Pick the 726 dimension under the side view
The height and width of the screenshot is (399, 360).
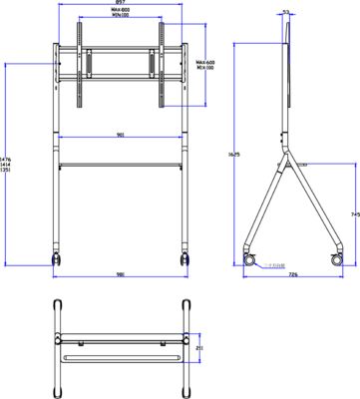(x=291, y=276)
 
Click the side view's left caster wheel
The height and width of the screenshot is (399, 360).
(x=248, y=258)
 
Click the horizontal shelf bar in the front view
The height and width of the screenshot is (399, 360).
(x=120, y=163)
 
